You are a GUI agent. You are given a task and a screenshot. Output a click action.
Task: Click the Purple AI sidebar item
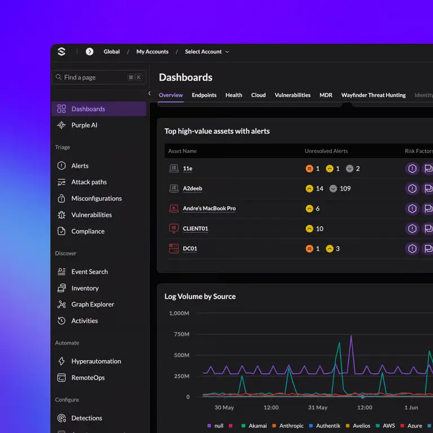77,125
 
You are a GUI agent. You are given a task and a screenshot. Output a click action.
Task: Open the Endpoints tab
204,95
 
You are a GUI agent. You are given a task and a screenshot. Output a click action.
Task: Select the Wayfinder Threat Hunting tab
373,95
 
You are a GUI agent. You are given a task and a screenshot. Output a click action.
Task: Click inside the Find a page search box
99,77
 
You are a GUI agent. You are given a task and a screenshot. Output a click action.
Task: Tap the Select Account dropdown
207,52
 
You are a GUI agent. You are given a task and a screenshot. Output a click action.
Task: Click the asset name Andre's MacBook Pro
209,209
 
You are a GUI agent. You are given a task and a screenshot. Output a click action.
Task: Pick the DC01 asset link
190,249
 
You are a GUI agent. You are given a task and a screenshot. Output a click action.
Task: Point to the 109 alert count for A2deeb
345,189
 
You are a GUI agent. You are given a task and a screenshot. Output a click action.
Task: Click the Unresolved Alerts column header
326,151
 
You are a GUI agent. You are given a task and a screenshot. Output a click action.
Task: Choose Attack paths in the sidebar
82,182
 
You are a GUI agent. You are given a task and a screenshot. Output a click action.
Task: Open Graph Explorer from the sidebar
86,304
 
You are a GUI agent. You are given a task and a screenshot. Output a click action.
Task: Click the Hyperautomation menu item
89,361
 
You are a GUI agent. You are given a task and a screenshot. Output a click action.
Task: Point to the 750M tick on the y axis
182,334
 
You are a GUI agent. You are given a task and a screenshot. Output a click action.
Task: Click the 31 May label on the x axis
317,407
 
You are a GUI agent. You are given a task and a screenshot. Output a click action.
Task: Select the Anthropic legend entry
288,426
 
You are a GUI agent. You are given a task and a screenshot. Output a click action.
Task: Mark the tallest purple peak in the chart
351,336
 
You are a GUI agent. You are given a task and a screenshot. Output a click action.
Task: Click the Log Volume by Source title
200,297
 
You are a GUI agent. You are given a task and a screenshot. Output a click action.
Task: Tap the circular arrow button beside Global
90,52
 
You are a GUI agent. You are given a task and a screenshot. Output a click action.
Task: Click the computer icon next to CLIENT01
174,229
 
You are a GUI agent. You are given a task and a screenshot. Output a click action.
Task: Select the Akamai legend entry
254,426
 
